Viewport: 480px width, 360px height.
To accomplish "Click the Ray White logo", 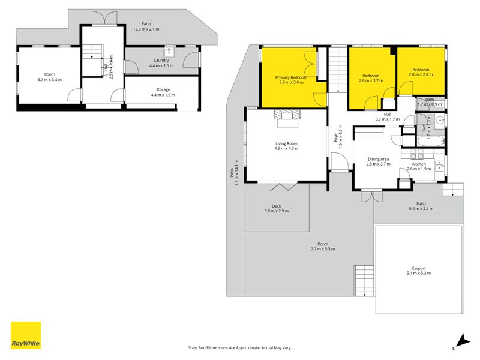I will [26, 335].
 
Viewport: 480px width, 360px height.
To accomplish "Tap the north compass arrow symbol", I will [459, 342].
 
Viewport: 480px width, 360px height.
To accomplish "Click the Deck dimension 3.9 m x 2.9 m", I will [277, 211].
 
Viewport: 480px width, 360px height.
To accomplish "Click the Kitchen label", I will [418, 164].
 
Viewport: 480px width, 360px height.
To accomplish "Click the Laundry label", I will [161, 60].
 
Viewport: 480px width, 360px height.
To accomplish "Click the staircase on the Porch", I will [364, 279].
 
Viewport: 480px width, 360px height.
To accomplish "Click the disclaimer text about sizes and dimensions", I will [239, 347].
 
